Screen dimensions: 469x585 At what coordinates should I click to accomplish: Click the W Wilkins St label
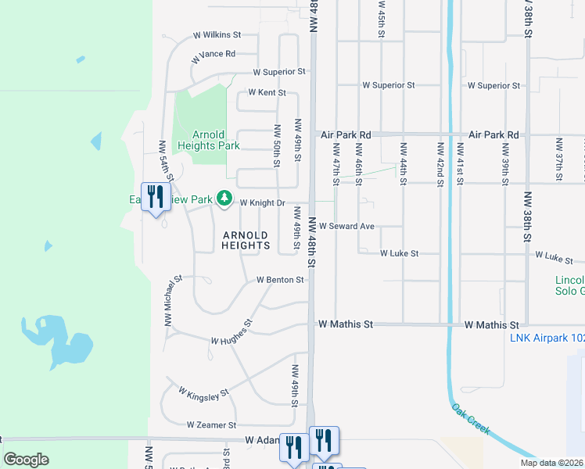(217, 35)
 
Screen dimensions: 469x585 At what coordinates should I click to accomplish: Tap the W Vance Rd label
(213, 54)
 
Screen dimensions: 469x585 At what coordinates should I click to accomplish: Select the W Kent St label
(267, 92)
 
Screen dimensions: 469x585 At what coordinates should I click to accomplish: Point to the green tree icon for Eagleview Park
(224, 199)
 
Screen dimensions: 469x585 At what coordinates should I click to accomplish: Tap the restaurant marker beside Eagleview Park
(154, 197)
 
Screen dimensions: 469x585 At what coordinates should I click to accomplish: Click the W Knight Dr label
(262, 202)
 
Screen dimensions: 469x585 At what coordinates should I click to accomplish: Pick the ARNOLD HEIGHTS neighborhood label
(246, 240)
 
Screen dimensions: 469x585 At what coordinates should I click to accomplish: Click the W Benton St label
(280, 279)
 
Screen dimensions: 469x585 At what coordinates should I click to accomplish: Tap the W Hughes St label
(232, 332)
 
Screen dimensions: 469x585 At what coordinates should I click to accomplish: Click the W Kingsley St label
(203, 392)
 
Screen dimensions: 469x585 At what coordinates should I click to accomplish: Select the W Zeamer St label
(211, 425)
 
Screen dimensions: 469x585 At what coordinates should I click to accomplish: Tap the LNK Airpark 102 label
(547, 338)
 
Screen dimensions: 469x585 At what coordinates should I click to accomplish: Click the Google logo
(26, 460)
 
